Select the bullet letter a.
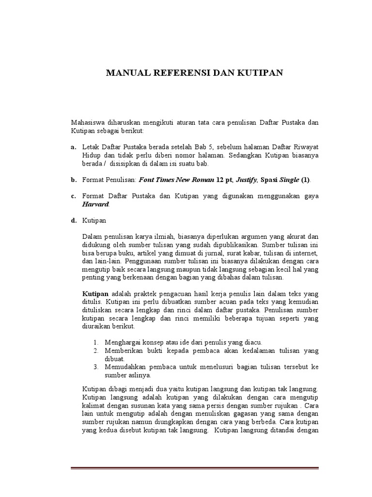74,147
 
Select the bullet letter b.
74,180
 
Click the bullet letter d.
74,220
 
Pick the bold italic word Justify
247,180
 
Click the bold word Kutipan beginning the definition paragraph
96,294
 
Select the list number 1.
96,342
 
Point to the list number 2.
96,350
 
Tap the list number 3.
96,367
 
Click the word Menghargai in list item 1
122,342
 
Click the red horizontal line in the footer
195,468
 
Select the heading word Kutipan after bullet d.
94,220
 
